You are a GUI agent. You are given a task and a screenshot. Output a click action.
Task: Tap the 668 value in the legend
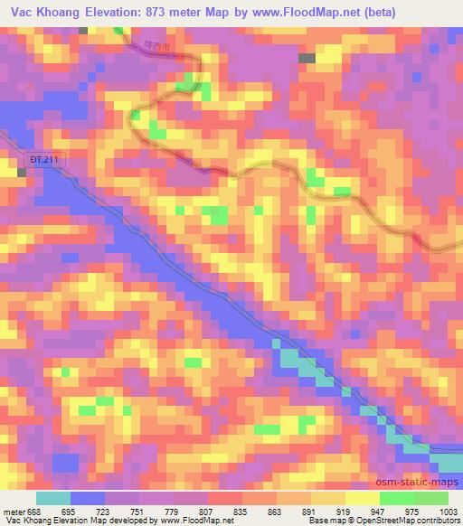click(x=34, y=511)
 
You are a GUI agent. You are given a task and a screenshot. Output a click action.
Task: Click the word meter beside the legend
click(x=14, y=511)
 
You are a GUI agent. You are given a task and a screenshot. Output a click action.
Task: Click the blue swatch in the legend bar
click(x=88, y=498)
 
